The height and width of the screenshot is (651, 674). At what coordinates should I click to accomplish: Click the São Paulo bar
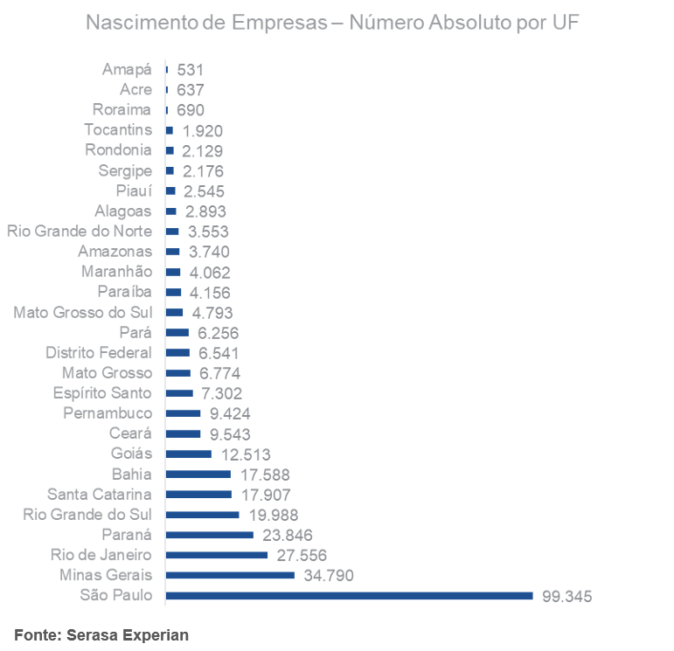tap(348, 596)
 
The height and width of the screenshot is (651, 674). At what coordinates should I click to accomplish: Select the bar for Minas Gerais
tap(229, 575)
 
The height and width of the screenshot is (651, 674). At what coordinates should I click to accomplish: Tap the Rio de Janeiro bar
tap(216, 555)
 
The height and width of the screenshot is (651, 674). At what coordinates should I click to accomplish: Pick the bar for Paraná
tap(209, 535)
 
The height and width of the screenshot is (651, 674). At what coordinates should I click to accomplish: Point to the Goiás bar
tap(188, 454)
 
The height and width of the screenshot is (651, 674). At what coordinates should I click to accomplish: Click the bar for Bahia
tap(198, 474)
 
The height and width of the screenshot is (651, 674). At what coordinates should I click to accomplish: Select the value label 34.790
tap(328, 576)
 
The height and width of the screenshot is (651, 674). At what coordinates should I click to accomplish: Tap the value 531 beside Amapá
tap(191, 70)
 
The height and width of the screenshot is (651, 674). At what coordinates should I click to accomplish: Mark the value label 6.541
tap(219, 353)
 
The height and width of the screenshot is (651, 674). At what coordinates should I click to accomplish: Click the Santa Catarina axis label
tap(99, 494)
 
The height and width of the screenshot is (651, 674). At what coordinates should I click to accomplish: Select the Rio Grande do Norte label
tap(80, 232)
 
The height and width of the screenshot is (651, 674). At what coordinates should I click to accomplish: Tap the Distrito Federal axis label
tap(98, 352)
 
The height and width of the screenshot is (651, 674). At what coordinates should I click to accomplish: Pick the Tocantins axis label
tap(118, 130)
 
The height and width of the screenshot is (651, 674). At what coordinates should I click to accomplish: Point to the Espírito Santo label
tap(101, 393)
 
